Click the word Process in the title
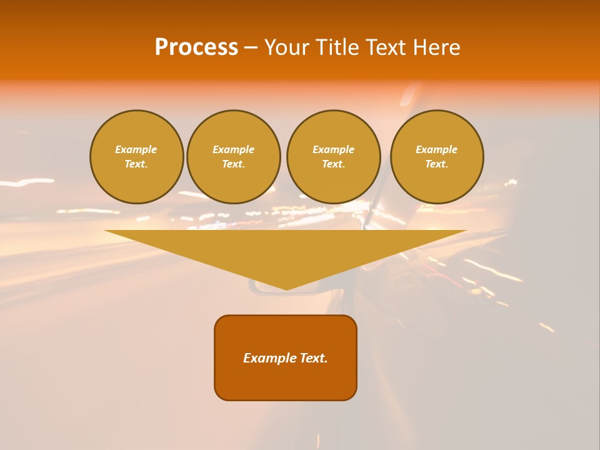pos(196,47)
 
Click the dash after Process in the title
pos(251,48)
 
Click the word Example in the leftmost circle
pos(136,149)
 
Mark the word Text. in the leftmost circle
pos(136,164)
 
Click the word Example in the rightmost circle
pos(437,149)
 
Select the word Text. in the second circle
pos(234,164)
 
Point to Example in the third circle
pos(334,149)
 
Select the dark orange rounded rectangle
pos(286,381)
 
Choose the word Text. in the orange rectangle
pos(314,358)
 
